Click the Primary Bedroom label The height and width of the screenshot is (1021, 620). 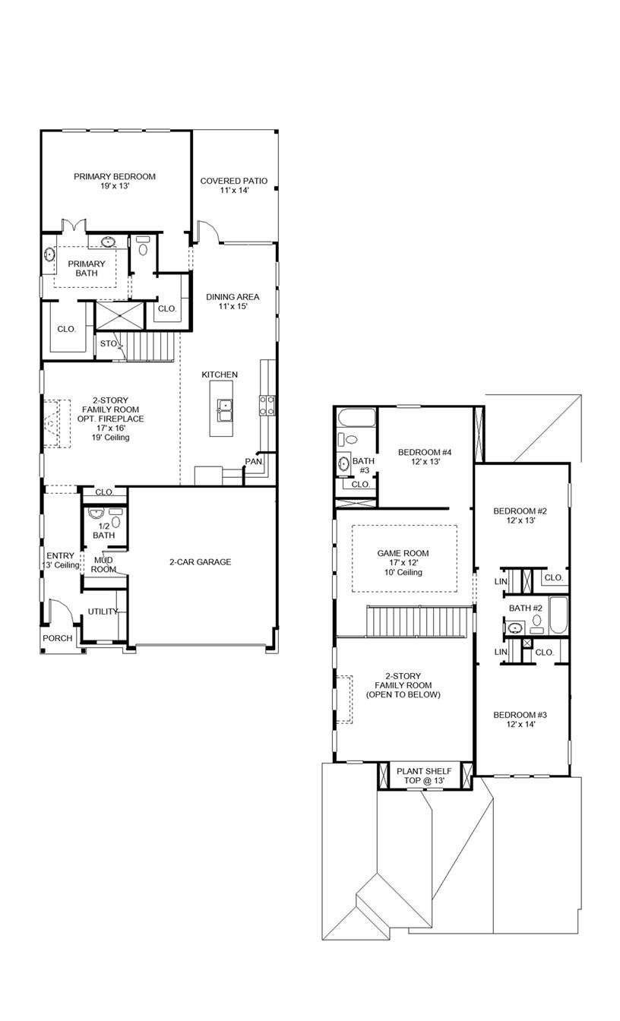(x=115, y=182)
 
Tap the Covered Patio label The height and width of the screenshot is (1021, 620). (x=233, y=185)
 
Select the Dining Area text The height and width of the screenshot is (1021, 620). (x=233, y=302)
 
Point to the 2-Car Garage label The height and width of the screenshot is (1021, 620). (x=200, y=562)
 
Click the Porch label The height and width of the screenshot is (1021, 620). (x=58, y=638)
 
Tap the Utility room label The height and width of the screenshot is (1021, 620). (x=102, y=612)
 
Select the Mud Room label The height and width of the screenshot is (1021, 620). (x=104, y=564)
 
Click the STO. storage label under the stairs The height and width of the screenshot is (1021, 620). (x=109, y=343)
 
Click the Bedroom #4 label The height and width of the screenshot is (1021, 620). (x=425, y=457)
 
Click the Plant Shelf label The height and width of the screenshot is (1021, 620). (x=424, y=776)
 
